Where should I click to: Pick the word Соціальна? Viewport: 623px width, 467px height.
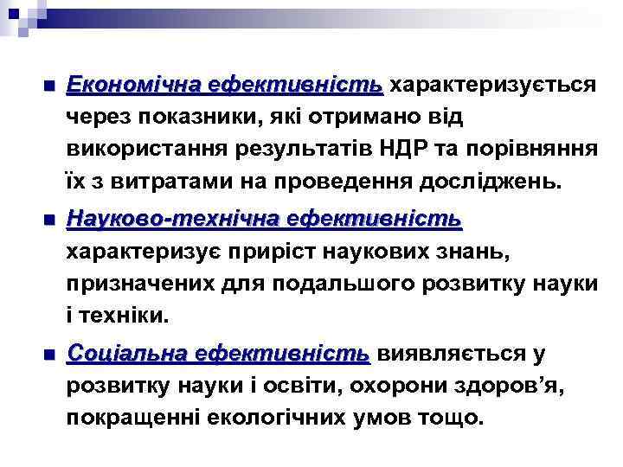coord(126,354)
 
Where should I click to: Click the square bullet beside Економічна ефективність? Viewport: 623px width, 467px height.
coord(48,87)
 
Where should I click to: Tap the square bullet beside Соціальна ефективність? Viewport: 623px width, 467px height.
coord(48,355)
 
